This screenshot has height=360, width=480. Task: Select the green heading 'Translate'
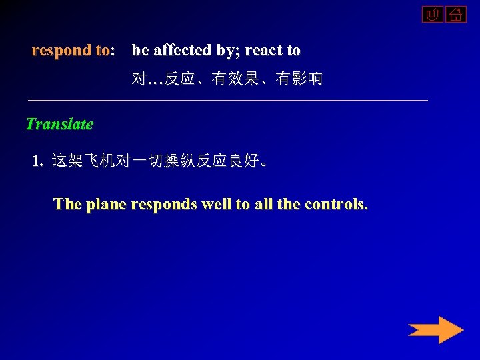(59, 124)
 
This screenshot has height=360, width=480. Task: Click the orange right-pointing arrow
(435, 330)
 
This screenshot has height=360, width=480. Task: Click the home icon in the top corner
(456, 14)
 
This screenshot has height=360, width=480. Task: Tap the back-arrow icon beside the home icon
(432, 14)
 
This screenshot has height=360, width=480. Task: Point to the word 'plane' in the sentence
(106, 203)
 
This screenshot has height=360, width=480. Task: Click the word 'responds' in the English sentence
(165, 203)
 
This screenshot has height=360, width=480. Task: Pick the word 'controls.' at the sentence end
(336, 203)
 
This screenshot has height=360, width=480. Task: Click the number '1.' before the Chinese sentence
(38, 161)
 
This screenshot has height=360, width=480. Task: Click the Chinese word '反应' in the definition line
(180, 79)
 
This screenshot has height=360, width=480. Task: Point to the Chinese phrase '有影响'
(299, 79)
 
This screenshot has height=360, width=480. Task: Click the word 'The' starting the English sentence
(67, 203)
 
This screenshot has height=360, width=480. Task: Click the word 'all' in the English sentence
(263, 203)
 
